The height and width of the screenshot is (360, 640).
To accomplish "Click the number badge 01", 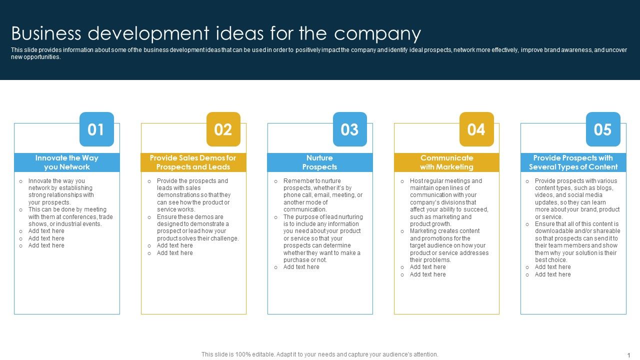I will point(96,129).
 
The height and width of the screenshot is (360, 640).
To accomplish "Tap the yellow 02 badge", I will point(223,129).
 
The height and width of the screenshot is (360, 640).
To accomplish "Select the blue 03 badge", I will point(349,129).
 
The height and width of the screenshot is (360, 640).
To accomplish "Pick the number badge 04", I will point(476,129).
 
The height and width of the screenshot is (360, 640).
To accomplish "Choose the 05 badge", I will point(602,129).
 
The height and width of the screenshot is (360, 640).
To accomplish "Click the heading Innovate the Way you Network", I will point(67,162).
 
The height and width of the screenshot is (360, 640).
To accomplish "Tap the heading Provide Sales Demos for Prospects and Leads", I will point(193,162).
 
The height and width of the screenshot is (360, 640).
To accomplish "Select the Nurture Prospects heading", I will point(320,162).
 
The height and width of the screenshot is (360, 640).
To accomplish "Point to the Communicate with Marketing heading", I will point(446,162).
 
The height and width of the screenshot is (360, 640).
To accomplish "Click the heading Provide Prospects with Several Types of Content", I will point(573,162).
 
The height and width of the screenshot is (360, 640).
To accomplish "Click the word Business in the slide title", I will point(46,33).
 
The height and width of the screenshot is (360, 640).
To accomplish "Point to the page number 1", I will point(628,355).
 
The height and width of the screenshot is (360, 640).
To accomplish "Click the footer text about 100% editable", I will point(319,354).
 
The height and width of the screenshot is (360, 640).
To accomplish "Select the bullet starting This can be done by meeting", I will point(70,217).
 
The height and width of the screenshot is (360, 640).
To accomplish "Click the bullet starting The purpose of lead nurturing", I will point(322,238).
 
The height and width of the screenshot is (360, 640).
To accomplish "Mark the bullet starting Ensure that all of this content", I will point(577,242).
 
